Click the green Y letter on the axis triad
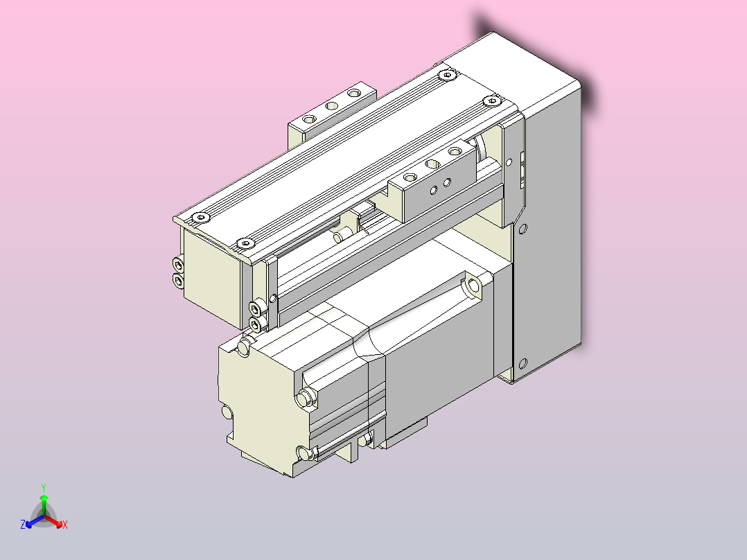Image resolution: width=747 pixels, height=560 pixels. [43, 487]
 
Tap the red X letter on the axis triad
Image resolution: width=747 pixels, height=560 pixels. [64, 525]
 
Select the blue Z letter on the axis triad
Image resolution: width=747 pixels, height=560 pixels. [23, 525]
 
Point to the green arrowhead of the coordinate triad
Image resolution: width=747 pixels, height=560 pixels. [43, 498]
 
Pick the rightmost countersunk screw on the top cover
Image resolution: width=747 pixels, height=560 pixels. [492, 101]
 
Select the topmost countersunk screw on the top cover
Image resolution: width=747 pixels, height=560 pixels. [448, 73]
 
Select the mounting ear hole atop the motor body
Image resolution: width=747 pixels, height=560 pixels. [473, 285]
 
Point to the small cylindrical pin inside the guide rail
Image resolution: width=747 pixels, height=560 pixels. [340, 237]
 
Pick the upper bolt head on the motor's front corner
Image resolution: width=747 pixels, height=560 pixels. [304, 397]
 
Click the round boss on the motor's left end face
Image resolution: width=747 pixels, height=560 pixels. [227, 413]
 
